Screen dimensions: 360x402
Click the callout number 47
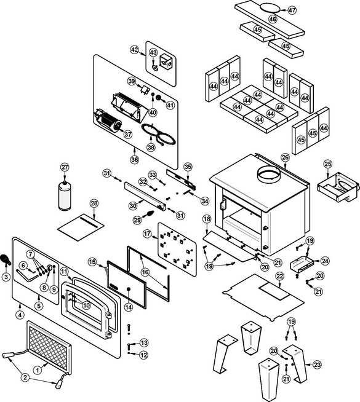pos(292,10)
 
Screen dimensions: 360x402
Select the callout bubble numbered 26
pos(285,157)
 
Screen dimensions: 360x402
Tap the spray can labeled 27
pos(65,195)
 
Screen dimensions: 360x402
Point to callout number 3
pos(6,277)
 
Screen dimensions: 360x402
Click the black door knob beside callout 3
pos(6,259)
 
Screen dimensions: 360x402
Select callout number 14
pos(129,307)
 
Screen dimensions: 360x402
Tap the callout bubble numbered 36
pos(135,159)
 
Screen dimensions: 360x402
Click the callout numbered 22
pos(279,276)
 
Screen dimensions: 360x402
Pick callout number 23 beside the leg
pos(318,365)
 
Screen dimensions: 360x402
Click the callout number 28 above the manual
pos(94,203)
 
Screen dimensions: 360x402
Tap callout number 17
pos(147,234)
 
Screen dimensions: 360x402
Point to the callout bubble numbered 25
pos(327,164)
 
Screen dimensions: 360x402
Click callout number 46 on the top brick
pos(273,19)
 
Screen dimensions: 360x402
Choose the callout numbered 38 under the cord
pos(151,147)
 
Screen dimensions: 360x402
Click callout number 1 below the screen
pos(38,370)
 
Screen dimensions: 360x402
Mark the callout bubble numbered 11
pos(65,271)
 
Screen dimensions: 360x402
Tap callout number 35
pos(188,167)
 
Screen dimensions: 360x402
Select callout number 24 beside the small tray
pos(325,261)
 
